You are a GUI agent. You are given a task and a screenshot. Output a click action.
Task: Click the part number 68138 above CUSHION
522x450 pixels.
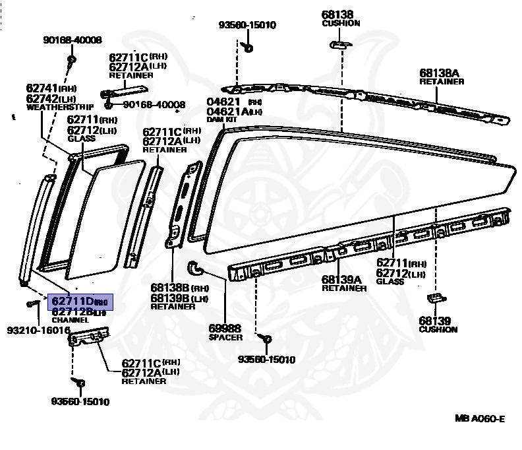337,14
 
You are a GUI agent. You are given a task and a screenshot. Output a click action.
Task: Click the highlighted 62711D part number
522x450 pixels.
72,302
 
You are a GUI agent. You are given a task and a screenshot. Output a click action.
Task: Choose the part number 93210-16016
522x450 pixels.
39,330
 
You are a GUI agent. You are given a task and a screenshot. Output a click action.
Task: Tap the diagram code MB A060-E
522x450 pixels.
479,418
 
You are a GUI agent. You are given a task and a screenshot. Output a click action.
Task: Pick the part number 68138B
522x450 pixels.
169,288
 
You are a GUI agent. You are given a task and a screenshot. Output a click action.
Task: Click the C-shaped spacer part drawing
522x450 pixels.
196,267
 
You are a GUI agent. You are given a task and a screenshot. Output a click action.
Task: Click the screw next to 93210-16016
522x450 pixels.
30,304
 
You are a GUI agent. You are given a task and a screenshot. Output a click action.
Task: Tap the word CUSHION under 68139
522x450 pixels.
438,329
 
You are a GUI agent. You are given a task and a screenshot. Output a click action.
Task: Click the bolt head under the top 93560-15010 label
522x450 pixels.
247,48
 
